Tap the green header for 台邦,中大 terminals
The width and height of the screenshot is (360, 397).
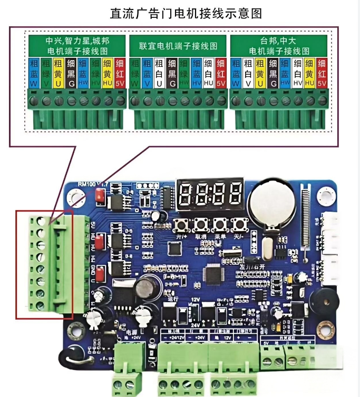pyautogui.click(x=279, y=46)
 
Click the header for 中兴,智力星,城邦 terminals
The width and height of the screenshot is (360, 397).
pyautogui.click(x=77, y=46)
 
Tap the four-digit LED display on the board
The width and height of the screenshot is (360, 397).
pyautogui.click(x=210, y=194)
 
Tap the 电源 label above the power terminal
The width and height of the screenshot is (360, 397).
pyautogui.click(x=132, y=333)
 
